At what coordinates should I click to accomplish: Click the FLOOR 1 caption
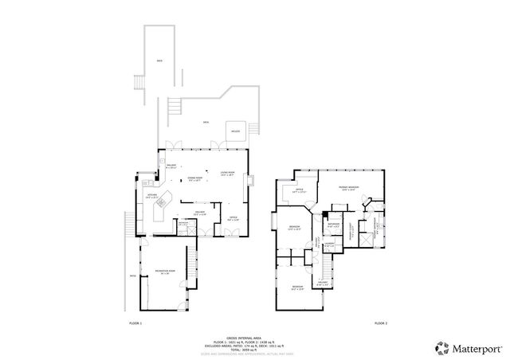coord(135,323)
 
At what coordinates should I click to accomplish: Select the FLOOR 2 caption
coord(380,323)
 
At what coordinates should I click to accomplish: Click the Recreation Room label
coord(165,272)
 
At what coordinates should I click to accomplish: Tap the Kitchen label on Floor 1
coord(151,195)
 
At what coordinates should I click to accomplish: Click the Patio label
coord(132,277)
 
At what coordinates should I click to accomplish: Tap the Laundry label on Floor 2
coord(329,245)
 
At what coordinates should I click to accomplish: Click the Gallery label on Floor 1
coord(200,213)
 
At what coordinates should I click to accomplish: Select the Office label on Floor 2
coord(299,191)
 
